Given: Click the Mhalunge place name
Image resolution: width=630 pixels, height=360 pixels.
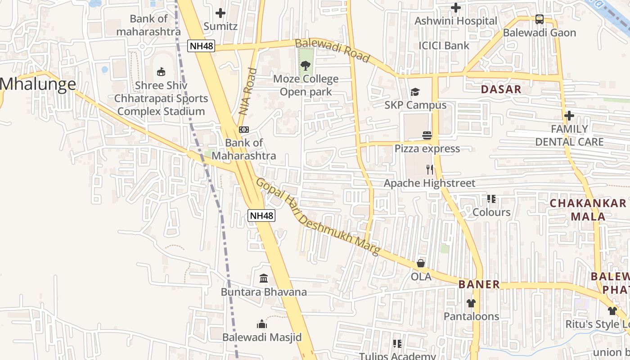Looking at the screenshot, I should tap(38, 84).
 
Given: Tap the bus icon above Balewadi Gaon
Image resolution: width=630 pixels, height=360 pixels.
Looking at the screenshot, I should tap(539, 19).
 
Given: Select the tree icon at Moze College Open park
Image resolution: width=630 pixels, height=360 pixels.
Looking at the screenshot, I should tap(306, 66).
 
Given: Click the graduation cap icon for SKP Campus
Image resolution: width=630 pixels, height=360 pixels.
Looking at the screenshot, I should tap(415, 92).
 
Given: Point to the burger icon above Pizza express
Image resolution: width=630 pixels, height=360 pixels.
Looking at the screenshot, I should tap(427, 135).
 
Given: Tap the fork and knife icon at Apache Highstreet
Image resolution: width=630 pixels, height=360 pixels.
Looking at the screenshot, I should tap(430, 170).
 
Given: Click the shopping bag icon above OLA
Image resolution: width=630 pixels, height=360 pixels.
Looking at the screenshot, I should tap(421, 263).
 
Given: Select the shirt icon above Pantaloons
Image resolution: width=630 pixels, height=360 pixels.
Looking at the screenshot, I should tap(471, 303).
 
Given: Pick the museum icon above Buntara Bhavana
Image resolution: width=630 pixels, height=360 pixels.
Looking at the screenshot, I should tap(264, 279).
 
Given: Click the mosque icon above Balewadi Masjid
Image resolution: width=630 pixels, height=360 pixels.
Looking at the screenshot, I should tap(262, 324).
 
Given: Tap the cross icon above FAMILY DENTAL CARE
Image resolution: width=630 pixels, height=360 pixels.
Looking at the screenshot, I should tap(569, 116).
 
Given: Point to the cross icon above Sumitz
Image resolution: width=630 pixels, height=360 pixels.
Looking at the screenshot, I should tap(220, 13).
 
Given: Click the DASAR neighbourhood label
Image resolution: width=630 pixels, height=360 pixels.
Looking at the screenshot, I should tap(501, 89).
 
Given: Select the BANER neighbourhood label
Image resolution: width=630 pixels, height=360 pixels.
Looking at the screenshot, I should tap(479, 284).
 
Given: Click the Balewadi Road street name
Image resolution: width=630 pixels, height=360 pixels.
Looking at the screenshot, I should tap(333, 50).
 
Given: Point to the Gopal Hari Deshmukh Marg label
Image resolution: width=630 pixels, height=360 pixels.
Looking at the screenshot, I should tap(318, 217).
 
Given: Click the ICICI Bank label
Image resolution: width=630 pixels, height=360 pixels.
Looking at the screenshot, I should tap(444, 45).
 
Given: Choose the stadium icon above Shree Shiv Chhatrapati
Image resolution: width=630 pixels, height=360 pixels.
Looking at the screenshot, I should tap(161, 72).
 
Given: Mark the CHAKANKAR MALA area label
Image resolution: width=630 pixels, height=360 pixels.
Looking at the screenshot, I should tap(588, 209).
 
